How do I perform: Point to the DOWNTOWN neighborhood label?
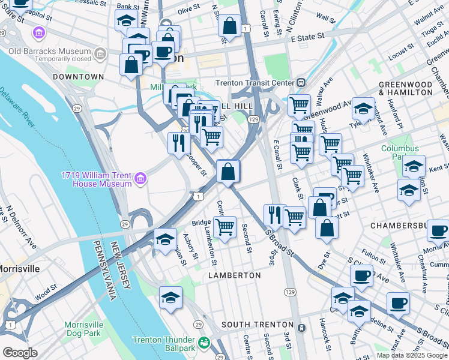click(x=78, y=77)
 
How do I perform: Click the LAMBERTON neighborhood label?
click(x=234, y=275)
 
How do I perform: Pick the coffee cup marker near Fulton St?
click(x=361, y=276)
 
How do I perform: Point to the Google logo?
click(x=20, y=353)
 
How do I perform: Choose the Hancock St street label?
click(x=326, y=336)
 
